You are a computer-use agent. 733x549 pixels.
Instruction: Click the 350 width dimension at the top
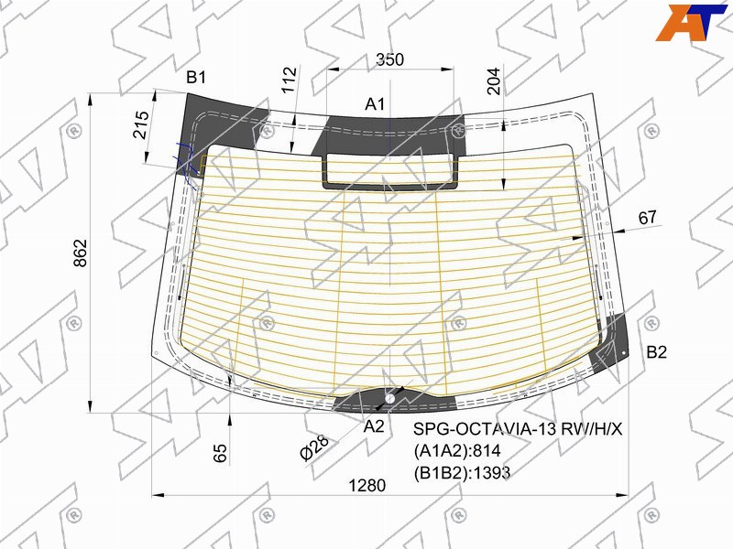(390, 59)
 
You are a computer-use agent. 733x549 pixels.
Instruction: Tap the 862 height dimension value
(81, 253)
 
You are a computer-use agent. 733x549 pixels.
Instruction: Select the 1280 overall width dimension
(367, 486)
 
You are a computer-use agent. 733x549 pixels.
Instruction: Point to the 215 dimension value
(141, 124)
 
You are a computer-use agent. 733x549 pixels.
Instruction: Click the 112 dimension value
(290, 80)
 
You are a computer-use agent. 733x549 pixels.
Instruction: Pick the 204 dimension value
(494, 81)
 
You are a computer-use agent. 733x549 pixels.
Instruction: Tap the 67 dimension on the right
(647, 218)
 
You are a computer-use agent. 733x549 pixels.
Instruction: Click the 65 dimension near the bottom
(220, 453)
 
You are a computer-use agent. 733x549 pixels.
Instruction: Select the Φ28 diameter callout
(314, 448)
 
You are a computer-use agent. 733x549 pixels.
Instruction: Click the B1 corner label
(196, 77)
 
